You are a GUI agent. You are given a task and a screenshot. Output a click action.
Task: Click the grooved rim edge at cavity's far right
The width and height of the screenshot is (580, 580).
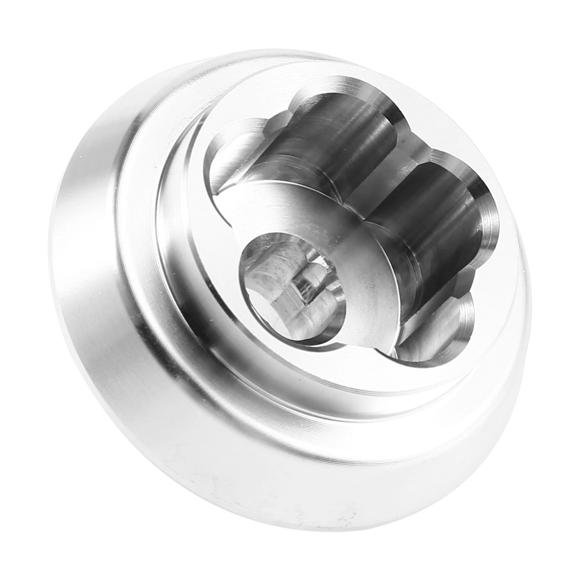[488, 218]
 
